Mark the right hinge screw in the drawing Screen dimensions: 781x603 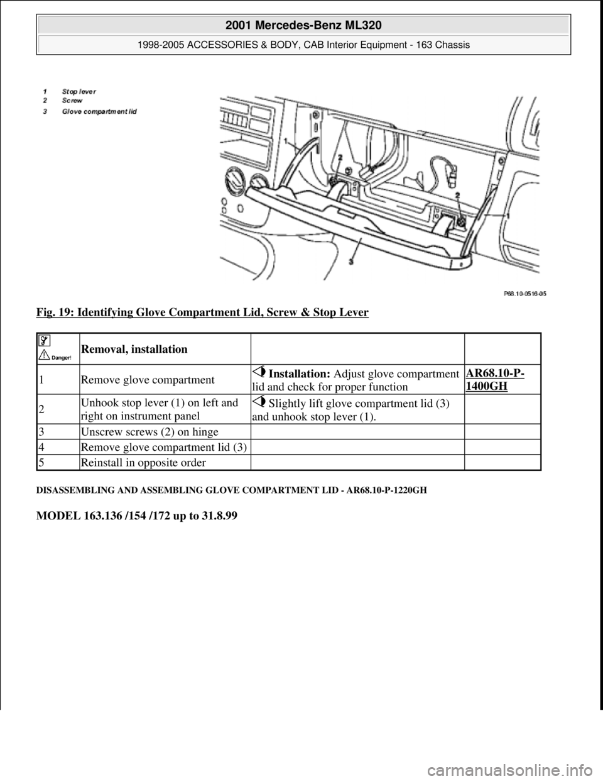tap(460, 223)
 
